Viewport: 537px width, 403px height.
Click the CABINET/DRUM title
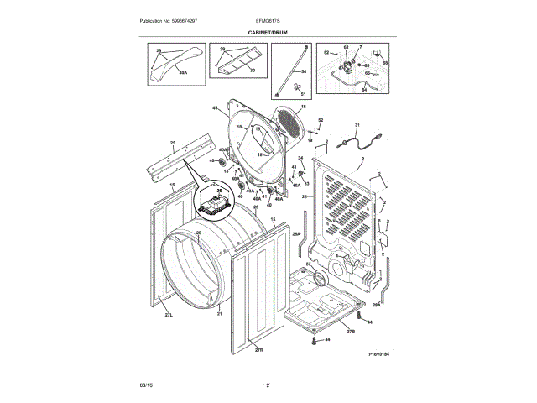click(x=268, y=31)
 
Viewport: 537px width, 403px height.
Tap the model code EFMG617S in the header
click(x=268, y=20)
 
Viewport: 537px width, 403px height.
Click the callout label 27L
click(x=168, y=315)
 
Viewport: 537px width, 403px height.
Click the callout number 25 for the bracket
click(x=173, y=143)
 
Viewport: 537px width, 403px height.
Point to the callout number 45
click(x=215, y=107)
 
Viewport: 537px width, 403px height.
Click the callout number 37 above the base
click(x=306, y=264)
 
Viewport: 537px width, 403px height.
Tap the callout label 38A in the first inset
click(x=183, y=73)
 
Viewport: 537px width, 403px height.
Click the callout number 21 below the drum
click(x=219, y=313)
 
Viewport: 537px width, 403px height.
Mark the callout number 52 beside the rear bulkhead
click(x=320, y=120)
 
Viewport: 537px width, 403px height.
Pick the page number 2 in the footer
click(x=268, y=385)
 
